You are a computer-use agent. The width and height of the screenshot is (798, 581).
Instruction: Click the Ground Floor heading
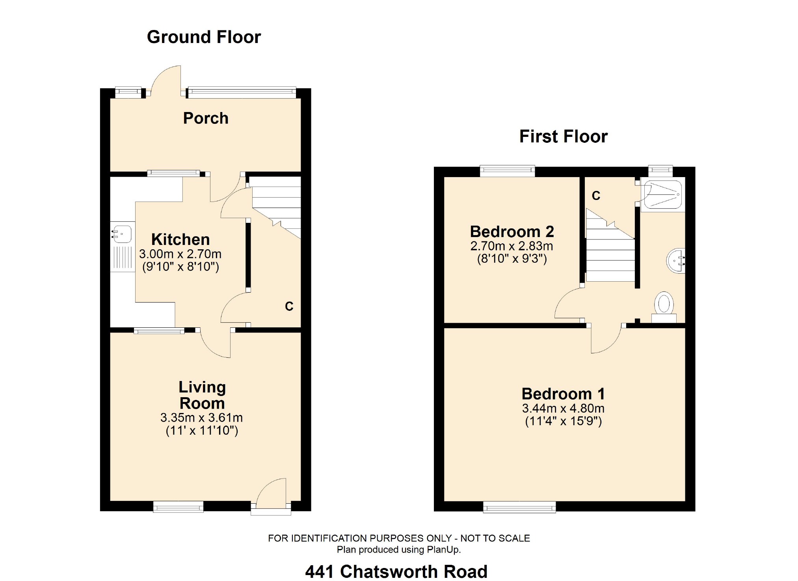click(x=204, y=37)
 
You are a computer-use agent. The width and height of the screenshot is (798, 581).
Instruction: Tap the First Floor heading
click(x=563, y=136)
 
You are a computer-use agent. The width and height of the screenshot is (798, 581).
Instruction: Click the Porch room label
click(x=206, y=118)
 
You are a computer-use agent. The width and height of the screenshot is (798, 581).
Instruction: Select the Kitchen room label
click(x=180, y=239)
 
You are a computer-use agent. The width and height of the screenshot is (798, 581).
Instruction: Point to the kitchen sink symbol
click(x=122, y=234)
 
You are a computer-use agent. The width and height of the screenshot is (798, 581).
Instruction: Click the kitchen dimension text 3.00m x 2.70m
click(x=180, y=254)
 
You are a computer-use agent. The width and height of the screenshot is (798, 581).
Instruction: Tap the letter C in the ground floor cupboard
click(x=289, y=306)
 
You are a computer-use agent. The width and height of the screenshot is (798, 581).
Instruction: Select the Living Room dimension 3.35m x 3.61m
click(x=201, y=418)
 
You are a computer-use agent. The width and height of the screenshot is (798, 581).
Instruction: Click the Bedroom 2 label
click(x=512, y=232)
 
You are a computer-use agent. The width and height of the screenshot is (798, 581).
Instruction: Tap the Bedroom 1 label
click(x=563, y=394)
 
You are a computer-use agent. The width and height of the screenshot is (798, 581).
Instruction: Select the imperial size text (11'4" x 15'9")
click(x=563, y=421)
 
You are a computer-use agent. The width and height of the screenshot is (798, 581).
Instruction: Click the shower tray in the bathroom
click(x=662, y=195)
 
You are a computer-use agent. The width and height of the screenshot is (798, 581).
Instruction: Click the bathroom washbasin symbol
click(x=676, y=260)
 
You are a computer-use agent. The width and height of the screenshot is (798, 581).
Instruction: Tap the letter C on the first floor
click(x=596, y=196)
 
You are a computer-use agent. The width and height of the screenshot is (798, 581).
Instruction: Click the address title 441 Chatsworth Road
click(x=396, y=572)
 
